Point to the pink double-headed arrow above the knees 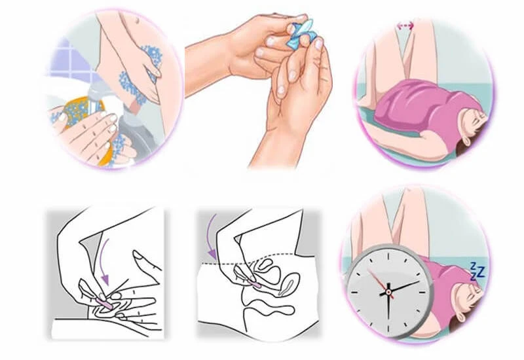click(x=406, y=26)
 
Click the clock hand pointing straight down click(x=388, y=308)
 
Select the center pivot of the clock click(x=388, y=291)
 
